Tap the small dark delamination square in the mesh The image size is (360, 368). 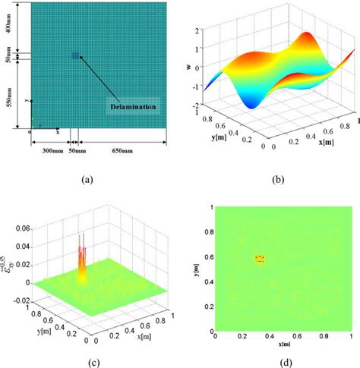[74, 55]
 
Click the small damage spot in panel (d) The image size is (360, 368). [259, 259]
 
